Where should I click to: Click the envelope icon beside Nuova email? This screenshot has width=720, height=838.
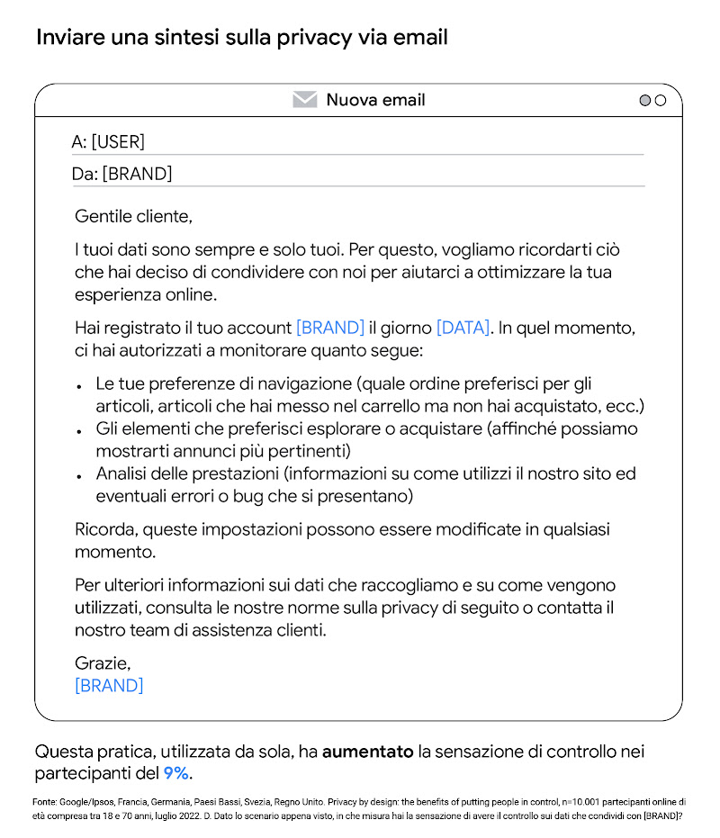pyautogui.click(x=305, y=100)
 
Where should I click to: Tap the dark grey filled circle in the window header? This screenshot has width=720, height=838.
pyautogui.click(x=644, y=101)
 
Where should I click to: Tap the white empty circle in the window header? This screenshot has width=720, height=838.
pyautogui.click(x=661, y=101)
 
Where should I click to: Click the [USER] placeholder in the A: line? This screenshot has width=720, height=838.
pyautogui.click(x=118, y=142)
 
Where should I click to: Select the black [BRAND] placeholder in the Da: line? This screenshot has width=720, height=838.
pyautogui.click(x=137, y=174)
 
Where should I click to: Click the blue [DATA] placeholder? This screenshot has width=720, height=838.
pyautogui.click(x=463, y=328)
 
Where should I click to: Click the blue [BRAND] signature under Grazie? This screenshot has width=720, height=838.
pyautogui.click(x=109, y=686)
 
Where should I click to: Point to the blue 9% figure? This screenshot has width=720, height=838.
pyautogui.click(x=175, y=773)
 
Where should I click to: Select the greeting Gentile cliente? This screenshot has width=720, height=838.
pyautogui.click(x=133, y=217)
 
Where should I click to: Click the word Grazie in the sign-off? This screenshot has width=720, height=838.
pyautogui.click(x=103, y=663)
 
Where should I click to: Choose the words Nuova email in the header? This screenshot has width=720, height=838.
pyautogui.click(x=375, y=100)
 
